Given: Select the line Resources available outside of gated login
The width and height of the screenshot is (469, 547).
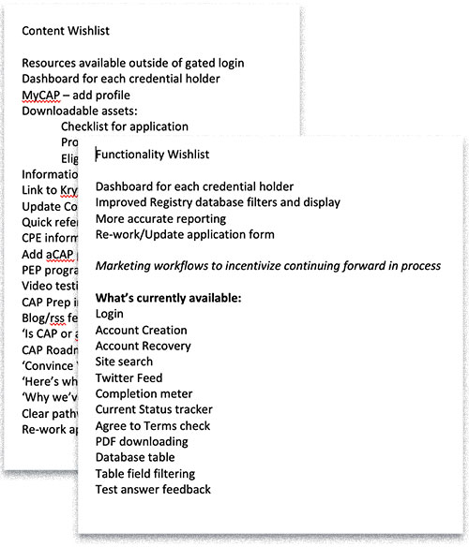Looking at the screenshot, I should (132, 63).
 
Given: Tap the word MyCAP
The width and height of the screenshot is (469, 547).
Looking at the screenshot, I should (43, 95).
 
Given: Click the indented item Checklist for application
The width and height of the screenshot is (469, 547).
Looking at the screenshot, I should (124, 126).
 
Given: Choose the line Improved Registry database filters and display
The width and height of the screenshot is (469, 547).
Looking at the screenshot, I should (218, 201).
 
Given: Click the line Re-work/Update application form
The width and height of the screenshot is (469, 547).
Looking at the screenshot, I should (185, 233).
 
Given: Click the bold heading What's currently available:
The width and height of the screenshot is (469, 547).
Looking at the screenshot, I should (169, 298).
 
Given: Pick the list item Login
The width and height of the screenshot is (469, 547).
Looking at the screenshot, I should (110, 314).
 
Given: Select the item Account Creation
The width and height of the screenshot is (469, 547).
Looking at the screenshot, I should (141, 330).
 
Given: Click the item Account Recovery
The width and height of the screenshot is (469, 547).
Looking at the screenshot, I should (143, 346).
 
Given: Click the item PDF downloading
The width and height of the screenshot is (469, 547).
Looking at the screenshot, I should (142, 441).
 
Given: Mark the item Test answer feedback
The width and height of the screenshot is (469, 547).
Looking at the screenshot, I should (153, 489).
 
